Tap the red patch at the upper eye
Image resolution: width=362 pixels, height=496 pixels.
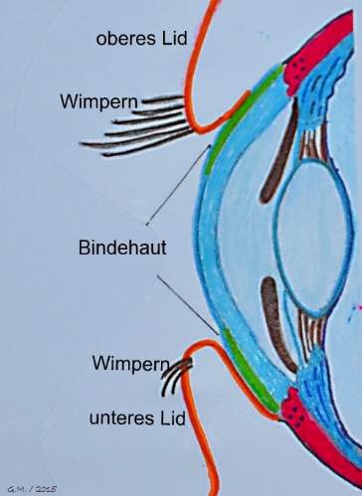(x=310, y=60)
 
